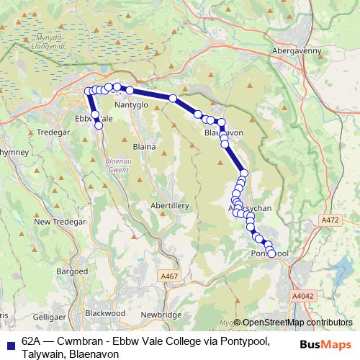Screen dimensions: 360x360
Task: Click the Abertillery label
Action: [169, 206]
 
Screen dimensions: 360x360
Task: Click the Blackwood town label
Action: [106, 314]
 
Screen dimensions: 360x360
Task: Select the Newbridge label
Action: [161, 315]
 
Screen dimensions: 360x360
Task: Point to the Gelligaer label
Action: [48, 317]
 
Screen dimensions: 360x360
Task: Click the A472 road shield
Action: [330, 220]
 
